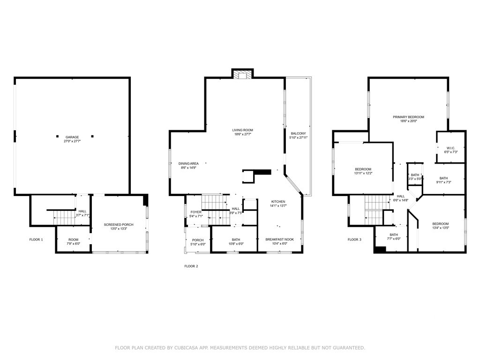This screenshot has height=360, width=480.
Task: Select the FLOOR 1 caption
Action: click(x=36, y=240)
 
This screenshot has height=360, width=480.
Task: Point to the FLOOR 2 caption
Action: click(x=191, y=266)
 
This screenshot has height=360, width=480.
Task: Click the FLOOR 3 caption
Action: click(x=354, y=240)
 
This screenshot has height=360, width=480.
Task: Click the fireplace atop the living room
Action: click(x=243, y=74)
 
